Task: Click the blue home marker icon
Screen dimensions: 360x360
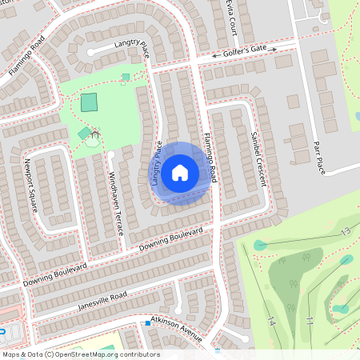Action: pos(180,172)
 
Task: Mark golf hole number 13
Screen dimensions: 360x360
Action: pos(345,231)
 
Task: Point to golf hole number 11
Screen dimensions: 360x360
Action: pos(309,321)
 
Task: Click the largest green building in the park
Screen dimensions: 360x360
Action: pos(89,102)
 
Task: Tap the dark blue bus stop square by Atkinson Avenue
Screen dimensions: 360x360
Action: pos(148,323)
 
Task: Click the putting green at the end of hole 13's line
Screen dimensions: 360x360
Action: pos(260,245)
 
